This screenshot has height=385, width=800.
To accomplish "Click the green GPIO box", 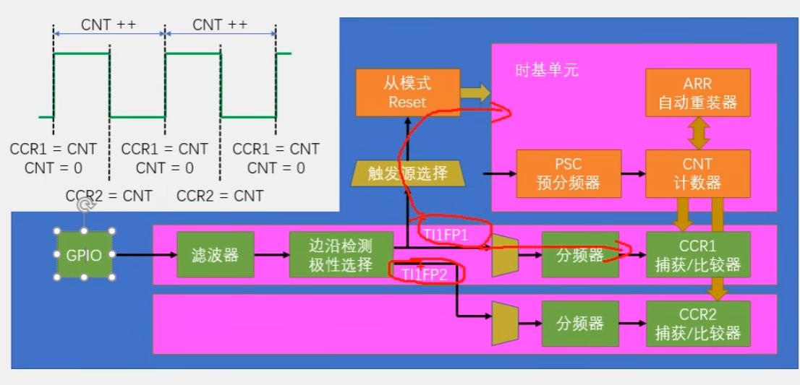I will [x=85, y=255].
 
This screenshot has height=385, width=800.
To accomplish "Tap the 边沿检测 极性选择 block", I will [x=341, y=255].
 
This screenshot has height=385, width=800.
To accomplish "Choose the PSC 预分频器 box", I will [x=569, y=173].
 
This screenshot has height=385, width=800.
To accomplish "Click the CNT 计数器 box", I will [x=697, y=173].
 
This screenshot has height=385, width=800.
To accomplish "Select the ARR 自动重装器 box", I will [x=697, y=92].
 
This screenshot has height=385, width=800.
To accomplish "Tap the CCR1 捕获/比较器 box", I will [x=697, y=255].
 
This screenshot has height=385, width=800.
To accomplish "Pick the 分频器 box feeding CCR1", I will [x=580, y=255].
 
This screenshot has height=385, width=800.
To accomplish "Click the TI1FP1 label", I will [x=446, y=235].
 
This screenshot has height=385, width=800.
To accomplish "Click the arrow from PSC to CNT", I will [x=634, y=173].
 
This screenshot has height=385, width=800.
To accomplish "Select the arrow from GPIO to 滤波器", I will [x=145, y=255].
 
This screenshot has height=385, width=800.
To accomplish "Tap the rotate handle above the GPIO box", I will [x=85, y=205].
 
